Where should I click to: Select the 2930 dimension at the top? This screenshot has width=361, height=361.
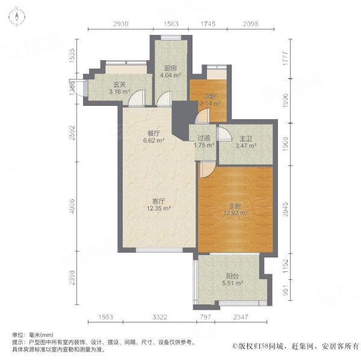[120, 24]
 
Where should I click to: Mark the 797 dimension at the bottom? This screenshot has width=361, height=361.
[206, 316]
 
